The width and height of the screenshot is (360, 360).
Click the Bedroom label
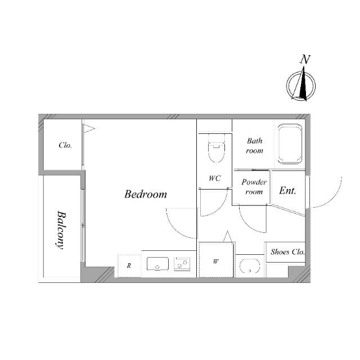coord(146,194)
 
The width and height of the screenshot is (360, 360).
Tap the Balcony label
coord(61,230)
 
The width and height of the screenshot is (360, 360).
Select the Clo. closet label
coord(65,145)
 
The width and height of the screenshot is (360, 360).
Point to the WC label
coord(215,178)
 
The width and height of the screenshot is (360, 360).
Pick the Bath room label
coord(254,146)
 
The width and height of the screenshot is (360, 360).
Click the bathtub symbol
coord(290,144)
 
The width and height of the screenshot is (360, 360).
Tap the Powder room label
coord(254,187)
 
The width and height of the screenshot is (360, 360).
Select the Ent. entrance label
coord(287,191)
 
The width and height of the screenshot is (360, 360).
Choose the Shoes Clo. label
coord(287,252)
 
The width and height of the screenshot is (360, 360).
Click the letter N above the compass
coord(305,59)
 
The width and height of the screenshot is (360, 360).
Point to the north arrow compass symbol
coord(301,85)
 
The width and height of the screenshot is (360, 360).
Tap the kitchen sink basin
coord(157,264)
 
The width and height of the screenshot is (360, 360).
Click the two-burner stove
coord(182,264)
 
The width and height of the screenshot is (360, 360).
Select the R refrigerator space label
coord(129,265)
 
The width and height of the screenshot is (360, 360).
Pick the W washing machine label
coord(215,261)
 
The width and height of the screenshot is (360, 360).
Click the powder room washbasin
coord(250,266)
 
